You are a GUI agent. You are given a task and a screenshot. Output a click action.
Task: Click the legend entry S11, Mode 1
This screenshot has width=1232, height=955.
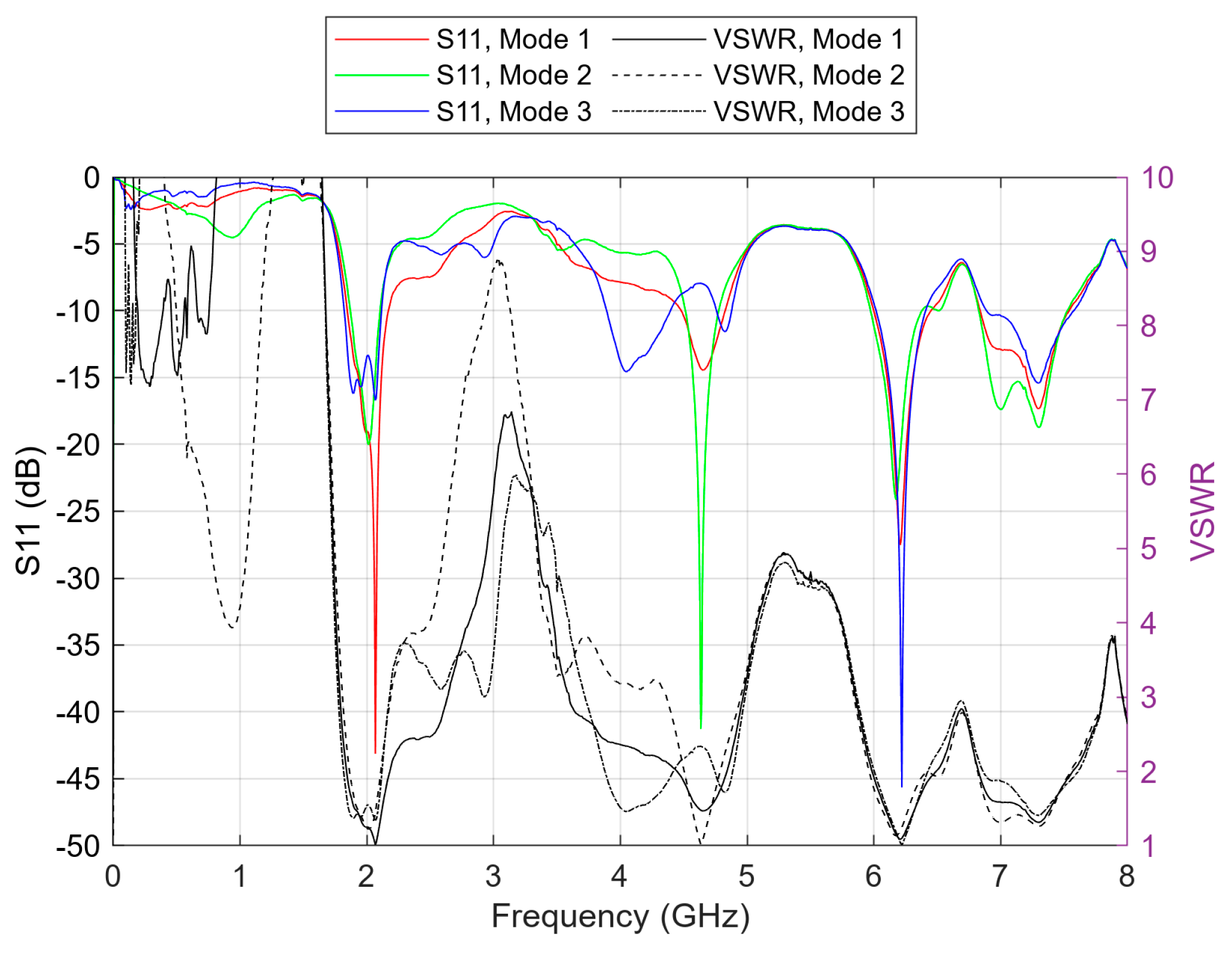(x=513, y=39)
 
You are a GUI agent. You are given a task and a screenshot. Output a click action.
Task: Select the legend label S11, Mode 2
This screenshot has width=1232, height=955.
(x=513, y=75)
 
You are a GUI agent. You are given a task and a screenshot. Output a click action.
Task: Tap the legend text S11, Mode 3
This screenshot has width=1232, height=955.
(x=513, y=112)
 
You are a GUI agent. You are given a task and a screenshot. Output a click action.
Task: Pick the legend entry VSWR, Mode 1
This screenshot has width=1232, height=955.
(x=808, y=39)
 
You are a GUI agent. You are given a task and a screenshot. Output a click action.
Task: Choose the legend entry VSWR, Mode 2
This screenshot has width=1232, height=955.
(x=808, y=75)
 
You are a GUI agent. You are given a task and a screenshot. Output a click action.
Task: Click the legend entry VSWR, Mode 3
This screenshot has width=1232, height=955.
(x=808, y=112)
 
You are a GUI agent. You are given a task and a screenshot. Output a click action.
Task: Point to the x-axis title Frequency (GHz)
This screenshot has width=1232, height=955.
(x=620, y=916)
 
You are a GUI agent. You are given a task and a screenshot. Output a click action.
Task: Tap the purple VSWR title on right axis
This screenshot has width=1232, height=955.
(x=1203, y=511)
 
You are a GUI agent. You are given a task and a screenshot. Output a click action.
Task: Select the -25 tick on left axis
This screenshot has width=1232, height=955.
(x=78, y=512)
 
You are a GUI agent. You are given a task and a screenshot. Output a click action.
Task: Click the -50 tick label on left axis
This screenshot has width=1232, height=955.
(x=78, y=846)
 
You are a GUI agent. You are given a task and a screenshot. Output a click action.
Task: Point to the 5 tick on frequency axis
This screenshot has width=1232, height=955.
(x=746, y=877)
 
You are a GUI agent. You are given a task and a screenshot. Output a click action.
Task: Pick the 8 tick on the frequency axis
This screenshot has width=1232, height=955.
(x=1126, y=877)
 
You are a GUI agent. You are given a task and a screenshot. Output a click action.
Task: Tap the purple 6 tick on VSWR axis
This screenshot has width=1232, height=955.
(x=1148, y=475)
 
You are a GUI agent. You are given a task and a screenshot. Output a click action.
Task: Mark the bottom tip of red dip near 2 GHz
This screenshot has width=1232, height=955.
(x=375, y=752)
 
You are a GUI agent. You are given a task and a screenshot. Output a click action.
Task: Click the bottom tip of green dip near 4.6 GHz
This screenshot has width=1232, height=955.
(x=701, y=727)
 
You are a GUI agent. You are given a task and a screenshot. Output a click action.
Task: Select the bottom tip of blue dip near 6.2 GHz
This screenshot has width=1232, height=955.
(x=902, y=786)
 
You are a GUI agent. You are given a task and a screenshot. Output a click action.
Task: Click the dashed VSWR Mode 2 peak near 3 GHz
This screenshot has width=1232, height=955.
(x=498, y=261)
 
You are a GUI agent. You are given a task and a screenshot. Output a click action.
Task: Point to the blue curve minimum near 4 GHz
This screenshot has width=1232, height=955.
(x=626, y=371)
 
